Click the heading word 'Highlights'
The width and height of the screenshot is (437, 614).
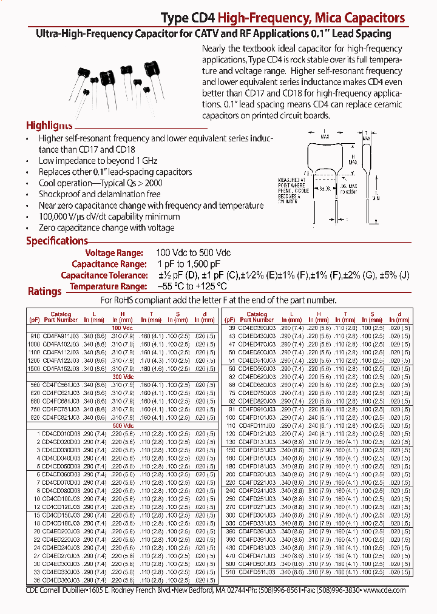click(49, 126)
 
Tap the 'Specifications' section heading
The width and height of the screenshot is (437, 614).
click(56, 241)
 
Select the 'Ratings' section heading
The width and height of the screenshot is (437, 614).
click(45, 291)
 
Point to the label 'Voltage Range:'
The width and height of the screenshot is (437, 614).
click(114, 252)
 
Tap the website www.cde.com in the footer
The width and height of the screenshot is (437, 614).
click(385, 590)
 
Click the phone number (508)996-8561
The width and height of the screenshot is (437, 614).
click(285, 590)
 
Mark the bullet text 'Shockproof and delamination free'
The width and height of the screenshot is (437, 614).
click(100, 194)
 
